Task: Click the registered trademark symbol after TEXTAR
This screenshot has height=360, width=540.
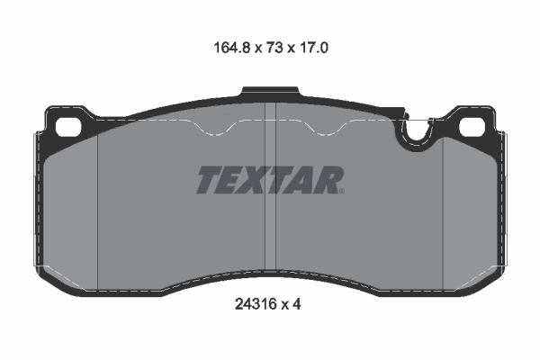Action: coord(341,190)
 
